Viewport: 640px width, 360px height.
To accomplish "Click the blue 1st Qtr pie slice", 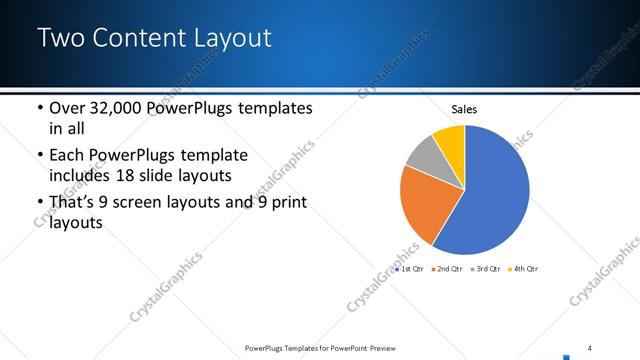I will tap(490, 195).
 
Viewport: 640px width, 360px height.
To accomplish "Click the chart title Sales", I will tap(464, 109).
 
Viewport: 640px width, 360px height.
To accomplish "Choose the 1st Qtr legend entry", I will tap(413, 269).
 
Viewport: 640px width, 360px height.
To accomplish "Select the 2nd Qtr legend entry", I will tap(450, 269).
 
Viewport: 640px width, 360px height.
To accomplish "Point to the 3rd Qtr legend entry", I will tap(487, 269).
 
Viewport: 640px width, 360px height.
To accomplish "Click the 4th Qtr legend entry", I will tap(524, 269).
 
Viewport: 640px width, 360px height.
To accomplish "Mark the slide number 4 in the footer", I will tap(589, 347).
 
